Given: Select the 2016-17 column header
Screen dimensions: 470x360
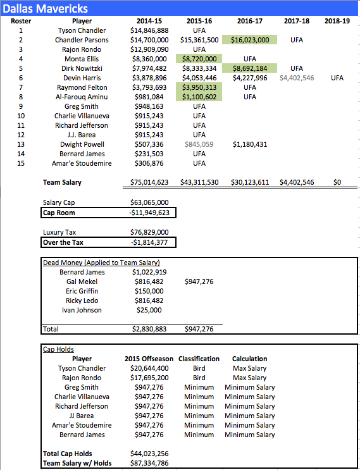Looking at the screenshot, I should pos(250,21).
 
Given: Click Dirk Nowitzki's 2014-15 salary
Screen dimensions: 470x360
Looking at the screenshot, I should pos(149,68).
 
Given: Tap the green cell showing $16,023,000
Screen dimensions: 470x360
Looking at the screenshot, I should pos(250,40).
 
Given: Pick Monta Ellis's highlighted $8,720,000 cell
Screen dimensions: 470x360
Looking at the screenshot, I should pos(199,59).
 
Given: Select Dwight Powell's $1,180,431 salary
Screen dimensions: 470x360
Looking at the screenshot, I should pos(250,144).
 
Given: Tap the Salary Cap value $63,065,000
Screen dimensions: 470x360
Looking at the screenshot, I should pos(150,203).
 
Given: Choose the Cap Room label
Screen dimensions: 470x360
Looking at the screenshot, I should pos(59,213).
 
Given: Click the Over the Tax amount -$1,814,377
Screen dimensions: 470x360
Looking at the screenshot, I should pos(150,242).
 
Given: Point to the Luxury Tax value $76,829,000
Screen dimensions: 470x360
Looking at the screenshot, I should pos(150,232).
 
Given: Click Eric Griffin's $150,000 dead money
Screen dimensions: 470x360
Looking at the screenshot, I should pos(149,291).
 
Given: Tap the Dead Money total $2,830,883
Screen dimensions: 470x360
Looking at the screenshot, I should pos(150,329).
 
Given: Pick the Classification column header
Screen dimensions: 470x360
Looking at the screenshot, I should pos(199,359).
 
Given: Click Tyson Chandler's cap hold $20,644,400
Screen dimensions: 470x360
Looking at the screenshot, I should pos(150,368).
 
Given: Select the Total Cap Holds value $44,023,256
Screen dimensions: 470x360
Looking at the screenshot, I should pos(150,454).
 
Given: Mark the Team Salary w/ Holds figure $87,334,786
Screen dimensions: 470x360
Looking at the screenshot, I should pos(150,463).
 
